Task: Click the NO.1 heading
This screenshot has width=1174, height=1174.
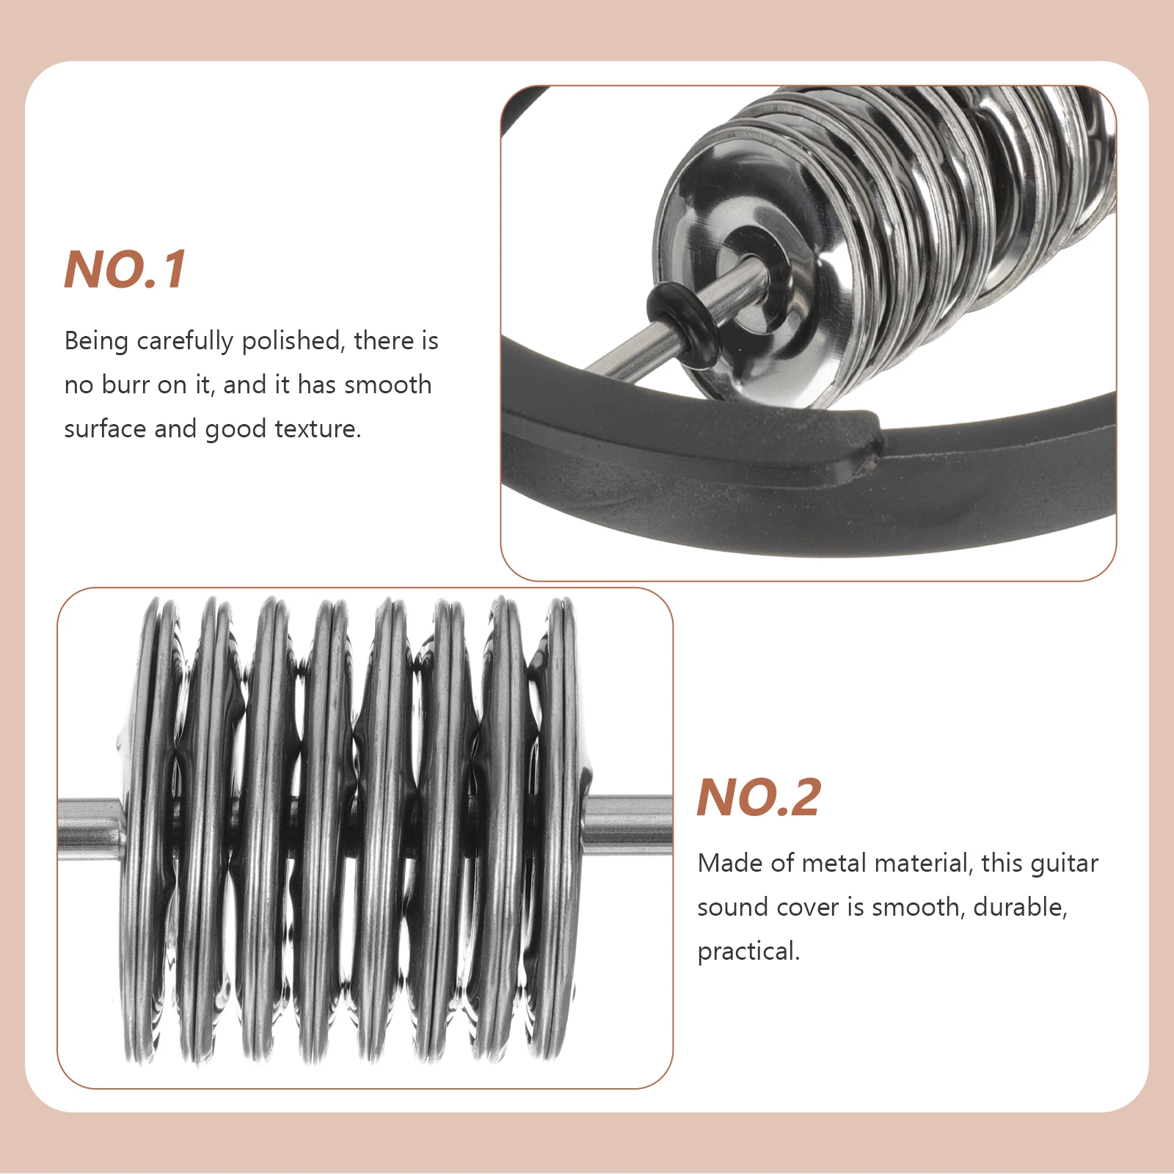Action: (x=125, y=270)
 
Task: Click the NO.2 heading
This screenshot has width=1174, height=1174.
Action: (x=758, y=798)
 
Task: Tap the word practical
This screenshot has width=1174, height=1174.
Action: (x=748, y=952)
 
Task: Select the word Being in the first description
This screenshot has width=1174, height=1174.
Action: (x=96, y=341)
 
